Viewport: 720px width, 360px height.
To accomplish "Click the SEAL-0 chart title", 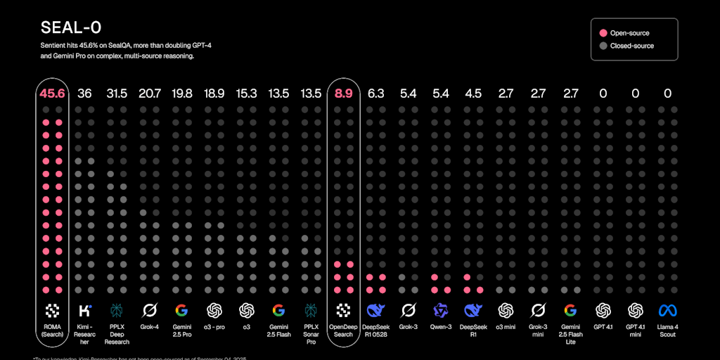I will (70, 27).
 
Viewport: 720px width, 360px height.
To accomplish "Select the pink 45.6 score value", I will (52, 94).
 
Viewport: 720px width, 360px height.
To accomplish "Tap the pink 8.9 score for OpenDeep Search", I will (343, 94).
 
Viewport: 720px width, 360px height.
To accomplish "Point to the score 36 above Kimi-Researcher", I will (84, 94).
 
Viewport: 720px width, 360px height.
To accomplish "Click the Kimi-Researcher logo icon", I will (84, 310).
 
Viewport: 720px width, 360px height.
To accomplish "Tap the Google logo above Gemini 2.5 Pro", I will (181, 310).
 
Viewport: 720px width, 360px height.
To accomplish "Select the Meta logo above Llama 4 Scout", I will (667, 310).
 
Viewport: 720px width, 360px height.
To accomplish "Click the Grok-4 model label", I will (149, 326).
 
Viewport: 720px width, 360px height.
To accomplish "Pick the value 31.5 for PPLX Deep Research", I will (117, 94).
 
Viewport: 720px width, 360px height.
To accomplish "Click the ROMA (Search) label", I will (52, 330).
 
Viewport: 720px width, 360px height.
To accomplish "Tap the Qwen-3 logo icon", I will (440, 310).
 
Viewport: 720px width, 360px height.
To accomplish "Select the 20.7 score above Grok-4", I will (149, 94).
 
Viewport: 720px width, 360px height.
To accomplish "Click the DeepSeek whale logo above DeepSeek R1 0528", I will (375, 310).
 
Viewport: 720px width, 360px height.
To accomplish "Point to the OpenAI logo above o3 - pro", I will (214, 310).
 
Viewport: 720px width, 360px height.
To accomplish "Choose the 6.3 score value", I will (375, 94).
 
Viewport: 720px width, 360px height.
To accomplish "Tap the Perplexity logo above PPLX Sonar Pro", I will (311, 310).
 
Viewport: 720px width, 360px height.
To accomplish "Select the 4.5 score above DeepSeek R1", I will (472, 94).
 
